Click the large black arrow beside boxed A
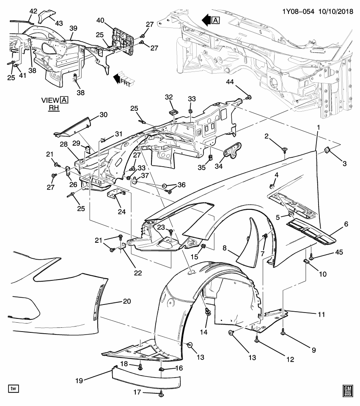click(207, 20)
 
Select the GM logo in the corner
click(348, 390)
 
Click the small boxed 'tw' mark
click(14, 388)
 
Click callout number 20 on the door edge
click(126, 301)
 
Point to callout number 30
click(104, 115)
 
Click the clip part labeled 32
click(172, 112)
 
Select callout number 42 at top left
click(33, 11)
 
